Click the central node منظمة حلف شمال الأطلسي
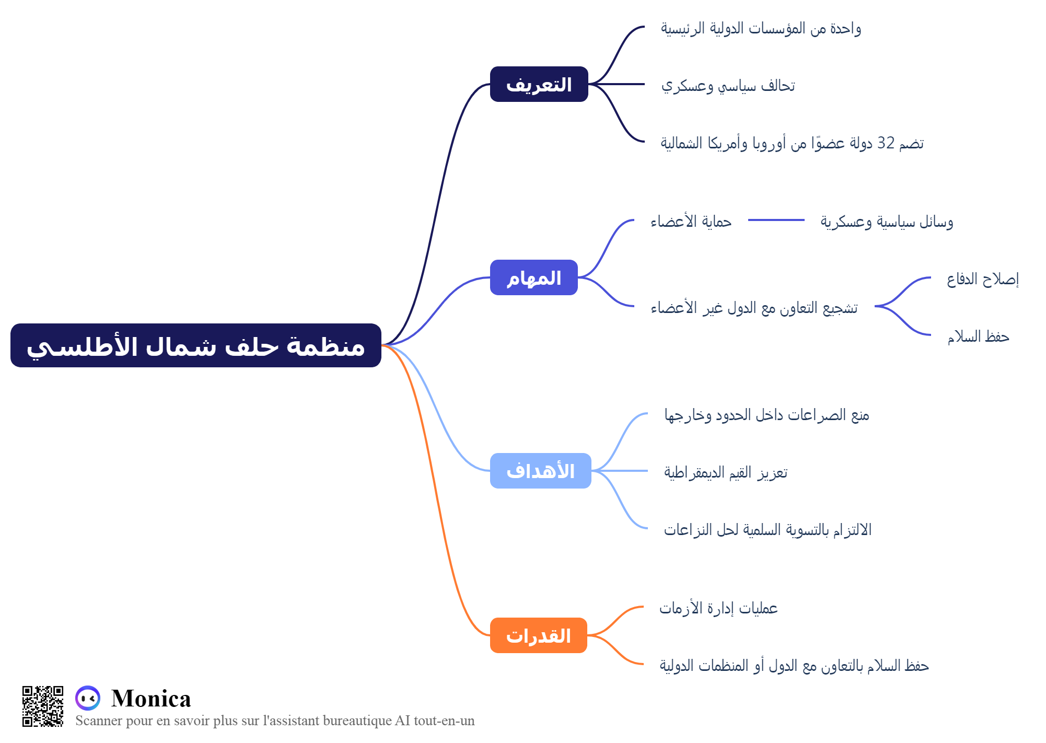pyautogui.click(x=196, y=345)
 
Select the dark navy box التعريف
pyautogui.click(x=539, y=84)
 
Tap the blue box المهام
pyautogui.click(x=534, y=277)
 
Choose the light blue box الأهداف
pyautogui.click(x=541, y=471)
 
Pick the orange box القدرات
pyautogui.click(x=539, y=635)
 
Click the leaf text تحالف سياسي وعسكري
pyautogui.click(x=728, y=86)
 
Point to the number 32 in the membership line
pyautogui.click(x=886, y=143)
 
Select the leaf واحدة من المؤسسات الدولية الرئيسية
pyautogui.click(x=761, y=28)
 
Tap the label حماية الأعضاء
pyautogui.click(x=691, y=222)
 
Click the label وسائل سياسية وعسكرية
pyautogui.click(x=887, y=222)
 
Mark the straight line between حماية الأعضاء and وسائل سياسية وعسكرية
pyautogui.click(x=776, y=220)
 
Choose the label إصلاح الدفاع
pyautogui.click(x=983, y=279)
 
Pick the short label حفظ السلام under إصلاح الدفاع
pyautogui.click(x=979, y=336)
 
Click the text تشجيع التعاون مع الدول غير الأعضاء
pyautogui.click(x=754, y=308)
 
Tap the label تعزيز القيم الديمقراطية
pyautogui.click(x=726, y=472)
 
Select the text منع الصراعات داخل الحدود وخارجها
pyautogui.click(x=767, y=415)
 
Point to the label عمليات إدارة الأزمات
pyautogui.click(x=718, y=608)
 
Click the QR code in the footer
pyautogui.click(x=43, y=706)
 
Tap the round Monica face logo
pyautogui.click(x=88, y=698)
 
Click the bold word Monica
pyautogui.click(x=151, y=698)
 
